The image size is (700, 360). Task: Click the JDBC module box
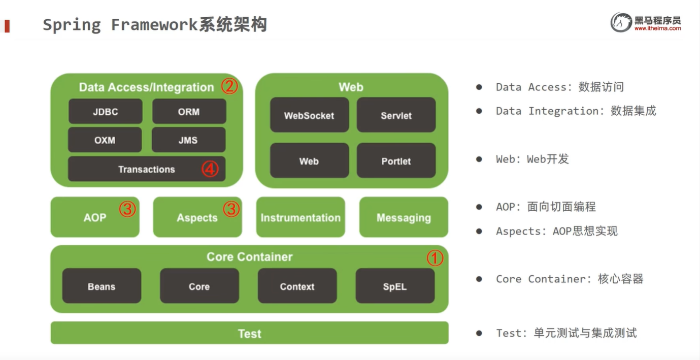coord(105,111)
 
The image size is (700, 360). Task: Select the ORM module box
coord(189,111)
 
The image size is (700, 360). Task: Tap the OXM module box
coord(105,140)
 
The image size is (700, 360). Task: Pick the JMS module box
coord(188,140)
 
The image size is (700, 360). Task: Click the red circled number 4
coord(210,169)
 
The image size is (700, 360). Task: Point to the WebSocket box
coord(309,115)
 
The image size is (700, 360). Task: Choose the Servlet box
coord(396,115)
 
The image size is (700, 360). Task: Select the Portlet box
coord(396,160)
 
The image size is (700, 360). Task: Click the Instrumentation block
coord(301,217)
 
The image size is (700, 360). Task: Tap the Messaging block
coord(404,217)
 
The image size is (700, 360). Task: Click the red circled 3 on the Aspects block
coord(231,209)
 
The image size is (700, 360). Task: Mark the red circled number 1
coord(435,258)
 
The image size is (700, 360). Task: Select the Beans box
coord(102,286)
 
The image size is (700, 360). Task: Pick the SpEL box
coord(395,286)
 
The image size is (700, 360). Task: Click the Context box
coord(297,286)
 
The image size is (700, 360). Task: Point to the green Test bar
coord(249,333)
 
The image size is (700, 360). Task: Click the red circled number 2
coord(229,86)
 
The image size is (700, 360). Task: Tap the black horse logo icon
coord(621,22)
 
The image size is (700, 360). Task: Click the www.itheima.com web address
coord(657,28)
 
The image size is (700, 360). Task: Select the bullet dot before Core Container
coord(479,279)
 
